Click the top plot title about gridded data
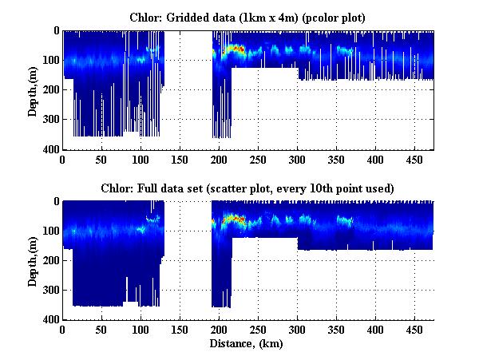coord(247,16)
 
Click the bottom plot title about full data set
coord(247,187)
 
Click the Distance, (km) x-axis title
coord(247,344)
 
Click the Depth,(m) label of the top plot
coord(33,90)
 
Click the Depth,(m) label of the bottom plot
coord(33,260)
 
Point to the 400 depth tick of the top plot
coord(51,149)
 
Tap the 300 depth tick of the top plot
coord(51,120)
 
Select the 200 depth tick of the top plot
coord(51,90)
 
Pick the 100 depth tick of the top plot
coord(51,61)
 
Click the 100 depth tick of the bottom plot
coord(51,231)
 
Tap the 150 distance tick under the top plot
coord(180,160)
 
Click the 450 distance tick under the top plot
coord(414,160)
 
